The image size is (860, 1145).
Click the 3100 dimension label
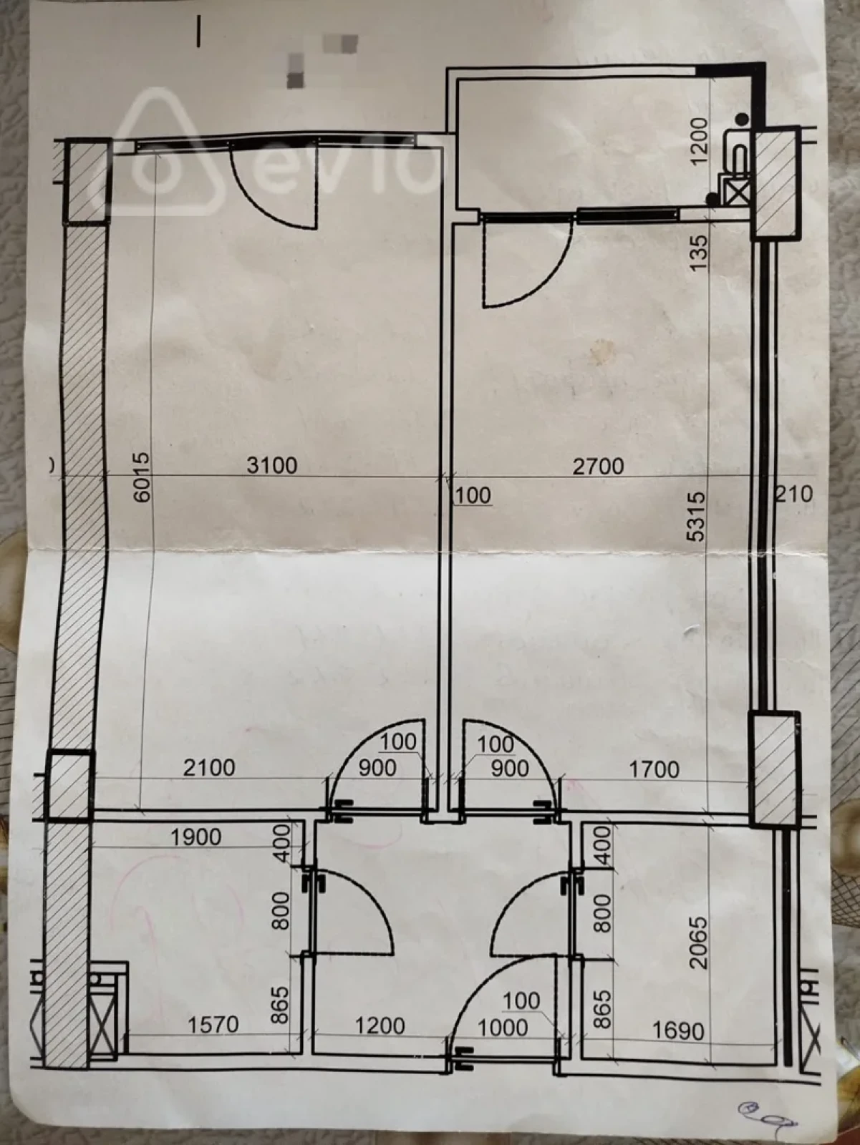click(271, 465)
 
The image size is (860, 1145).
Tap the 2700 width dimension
click(598, 466)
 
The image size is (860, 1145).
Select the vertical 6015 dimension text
click(142, 476)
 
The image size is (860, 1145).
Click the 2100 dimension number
click(208, 768)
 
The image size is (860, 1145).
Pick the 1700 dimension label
click(654, 769)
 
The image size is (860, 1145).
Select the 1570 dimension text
click(213, 1025)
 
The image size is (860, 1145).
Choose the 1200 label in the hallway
click(380, 1025)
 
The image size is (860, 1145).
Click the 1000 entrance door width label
click(503, 1028)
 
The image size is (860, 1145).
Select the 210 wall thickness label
click(795, 493)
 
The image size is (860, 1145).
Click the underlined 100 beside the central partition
click(473, 495)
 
